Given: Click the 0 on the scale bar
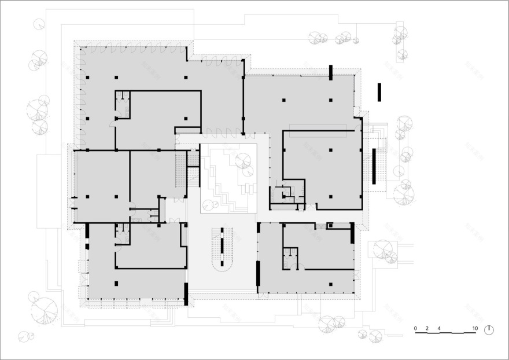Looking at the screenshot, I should point(415,329).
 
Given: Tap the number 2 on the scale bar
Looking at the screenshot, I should point(427,329).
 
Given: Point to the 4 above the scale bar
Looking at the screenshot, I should point(439,329).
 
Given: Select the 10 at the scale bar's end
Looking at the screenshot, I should point(475,329).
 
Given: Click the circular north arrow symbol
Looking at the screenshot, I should point(489,329).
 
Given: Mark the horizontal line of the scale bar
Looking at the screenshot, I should point(445,333).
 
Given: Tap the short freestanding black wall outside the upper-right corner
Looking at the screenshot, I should point(379,92).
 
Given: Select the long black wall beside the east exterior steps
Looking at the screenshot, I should point(374,166).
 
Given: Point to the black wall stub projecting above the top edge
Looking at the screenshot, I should point(330,72).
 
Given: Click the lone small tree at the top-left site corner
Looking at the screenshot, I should point(39,24).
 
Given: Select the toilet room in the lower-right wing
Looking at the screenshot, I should point(291,259).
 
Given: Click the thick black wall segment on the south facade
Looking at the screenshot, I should point(186,293).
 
